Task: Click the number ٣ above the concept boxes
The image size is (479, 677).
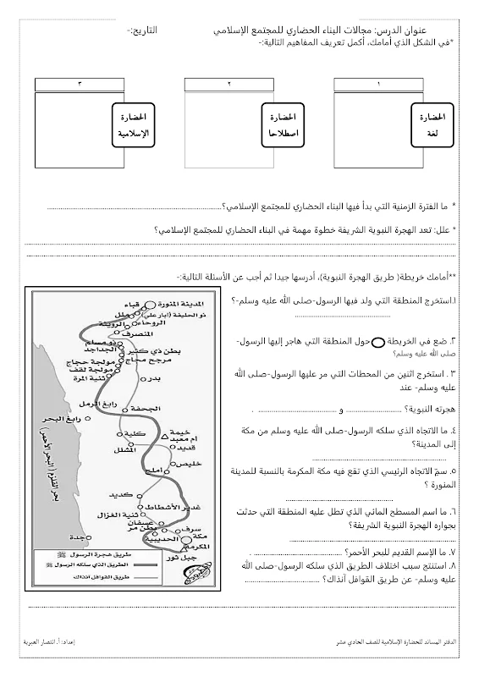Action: click(80, 84)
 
